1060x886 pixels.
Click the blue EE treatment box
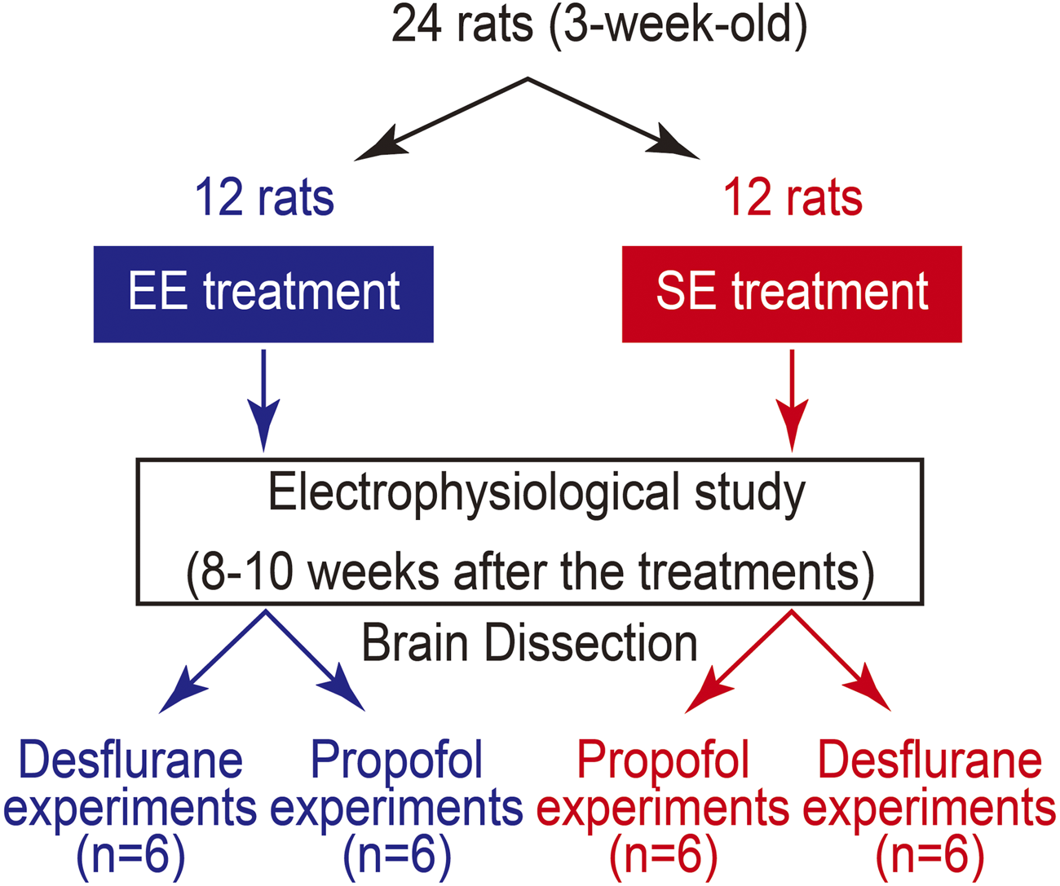tap(263, 294)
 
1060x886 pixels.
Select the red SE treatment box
tap(792, 294)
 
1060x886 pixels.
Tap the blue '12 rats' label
tap(264, 198)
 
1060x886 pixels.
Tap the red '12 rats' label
tap(793, 198)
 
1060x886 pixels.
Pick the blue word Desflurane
tap(130, 760)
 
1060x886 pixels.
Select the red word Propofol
tap(662, 760)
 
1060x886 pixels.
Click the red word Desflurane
tap(930, 760)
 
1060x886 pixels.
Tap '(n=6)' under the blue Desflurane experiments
tap(130, 855)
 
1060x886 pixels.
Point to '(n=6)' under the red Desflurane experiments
tap(930, 855)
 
